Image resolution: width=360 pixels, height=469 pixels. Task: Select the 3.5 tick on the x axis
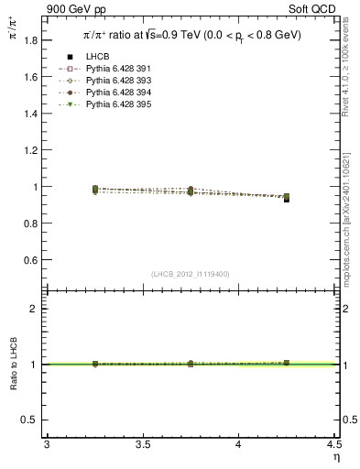click(142, 445)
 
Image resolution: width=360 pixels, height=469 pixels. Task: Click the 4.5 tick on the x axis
click(333, 445)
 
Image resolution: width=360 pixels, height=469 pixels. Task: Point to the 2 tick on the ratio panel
click(38, 309)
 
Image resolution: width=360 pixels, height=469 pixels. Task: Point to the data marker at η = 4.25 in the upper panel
click(287, 198)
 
